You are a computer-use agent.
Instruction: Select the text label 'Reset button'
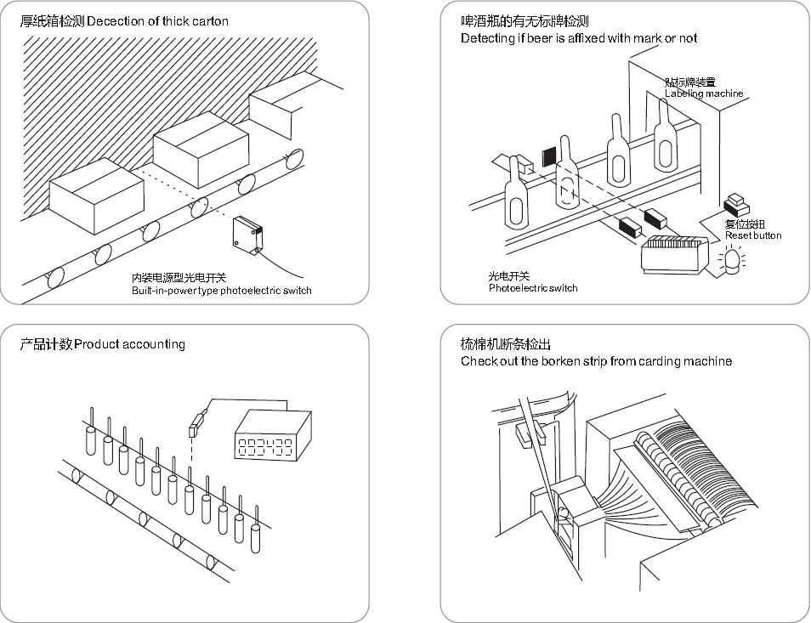tap(752, 235)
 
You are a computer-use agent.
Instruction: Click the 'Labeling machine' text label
tap(703, 93)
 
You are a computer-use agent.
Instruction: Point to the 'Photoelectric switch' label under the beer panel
tap(532, 288)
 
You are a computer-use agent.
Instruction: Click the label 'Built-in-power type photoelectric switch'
tap(221, 291)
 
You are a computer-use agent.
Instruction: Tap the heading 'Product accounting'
tap(129, 344)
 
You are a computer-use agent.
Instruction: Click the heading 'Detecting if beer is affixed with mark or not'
tap(578, 38)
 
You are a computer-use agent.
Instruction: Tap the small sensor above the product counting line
tap(196, 422)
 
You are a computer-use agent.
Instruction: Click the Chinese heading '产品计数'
tap(46, 344)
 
